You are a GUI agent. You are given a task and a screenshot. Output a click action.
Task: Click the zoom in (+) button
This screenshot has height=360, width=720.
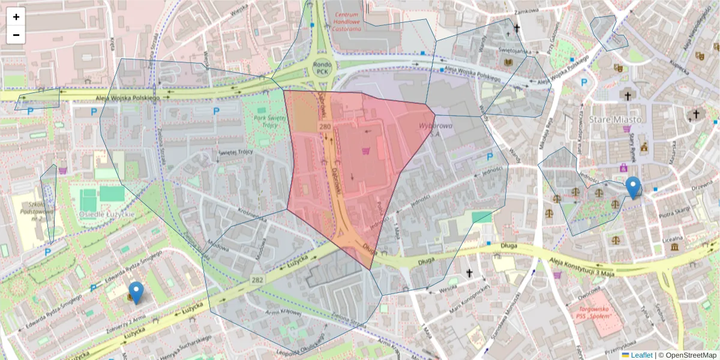click(x=16, y=17)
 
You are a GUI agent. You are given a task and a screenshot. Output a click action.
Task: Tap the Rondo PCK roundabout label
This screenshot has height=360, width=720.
click(x=322, y=67)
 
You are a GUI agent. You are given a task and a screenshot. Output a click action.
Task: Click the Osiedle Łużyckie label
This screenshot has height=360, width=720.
click(x=107, y=214)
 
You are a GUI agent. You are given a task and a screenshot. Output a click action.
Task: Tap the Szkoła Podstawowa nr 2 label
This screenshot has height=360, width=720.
click(x=29, y=212)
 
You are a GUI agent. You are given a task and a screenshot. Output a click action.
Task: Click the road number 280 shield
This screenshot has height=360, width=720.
click(x=325, y=127)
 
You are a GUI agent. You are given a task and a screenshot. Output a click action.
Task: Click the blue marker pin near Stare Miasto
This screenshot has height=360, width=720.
click(x=632, y=187)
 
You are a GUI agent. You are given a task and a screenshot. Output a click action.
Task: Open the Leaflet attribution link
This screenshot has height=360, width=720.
click(x=641, y=355)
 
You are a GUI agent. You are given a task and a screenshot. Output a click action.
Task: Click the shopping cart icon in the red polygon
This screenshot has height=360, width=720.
click(x=365, y=151)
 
